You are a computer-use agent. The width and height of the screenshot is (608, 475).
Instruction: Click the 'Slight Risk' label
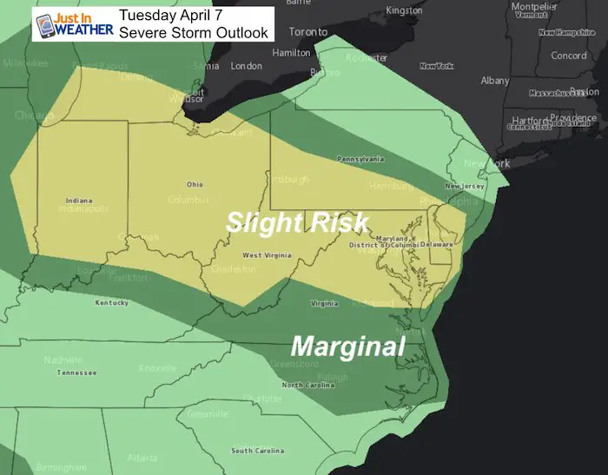(298, 222)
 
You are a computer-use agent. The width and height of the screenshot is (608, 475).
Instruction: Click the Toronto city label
(308, 31)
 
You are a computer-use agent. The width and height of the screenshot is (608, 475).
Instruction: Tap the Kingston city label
(403, 10)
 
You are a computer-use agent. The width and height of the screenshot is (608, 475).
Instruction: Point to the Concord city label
(569, 56)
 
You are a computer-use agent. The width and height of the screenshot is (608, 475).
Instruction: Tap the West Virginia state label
(265, 255)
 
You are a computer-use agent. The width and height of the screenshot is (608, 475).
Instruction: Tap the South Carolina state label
(254, 450)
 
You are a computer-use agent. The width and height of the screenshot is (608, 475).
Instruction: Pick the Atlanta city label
(142, 458)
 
